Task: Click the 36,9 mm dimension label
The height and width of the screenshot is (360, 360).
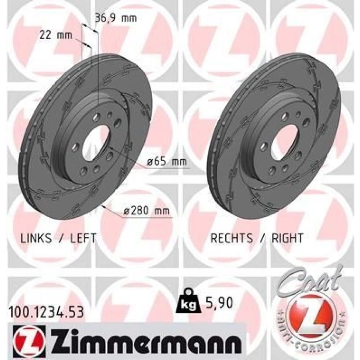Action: tap(116, 18)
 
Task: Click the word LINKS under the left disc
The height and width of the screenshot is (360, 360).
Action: tap(36, 238)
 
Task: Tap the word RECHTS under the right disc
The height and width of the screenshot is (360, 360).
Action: tap(232, 238)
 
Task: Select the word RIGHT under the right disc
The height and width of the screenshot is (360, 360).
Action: tap(287, 238)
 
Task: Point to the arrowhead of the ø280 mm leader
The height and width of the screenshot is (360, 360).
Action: tap(104, 206)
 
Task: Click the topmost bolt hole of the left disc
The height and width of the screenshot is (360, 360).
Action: tap(97, 117)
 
